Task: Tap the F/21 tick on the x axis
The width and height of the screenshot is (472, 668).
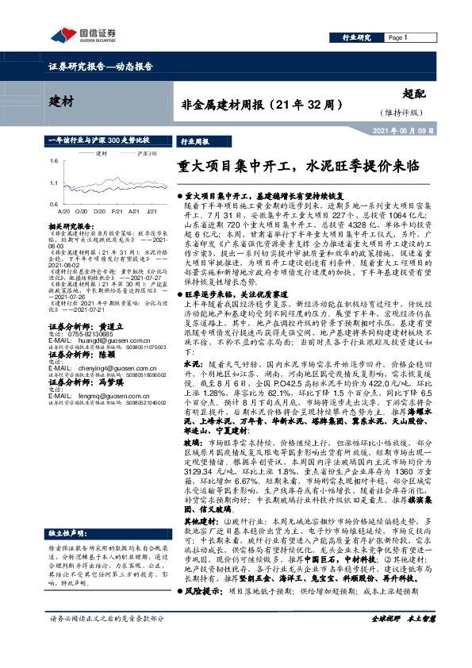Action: [x=116, y=212]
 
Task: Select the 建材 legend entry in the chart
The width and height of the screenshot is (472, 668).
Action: [x=96, y=152]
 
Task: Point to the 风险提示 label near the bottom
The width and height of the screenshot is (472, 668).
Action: [x=203, y=613]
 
